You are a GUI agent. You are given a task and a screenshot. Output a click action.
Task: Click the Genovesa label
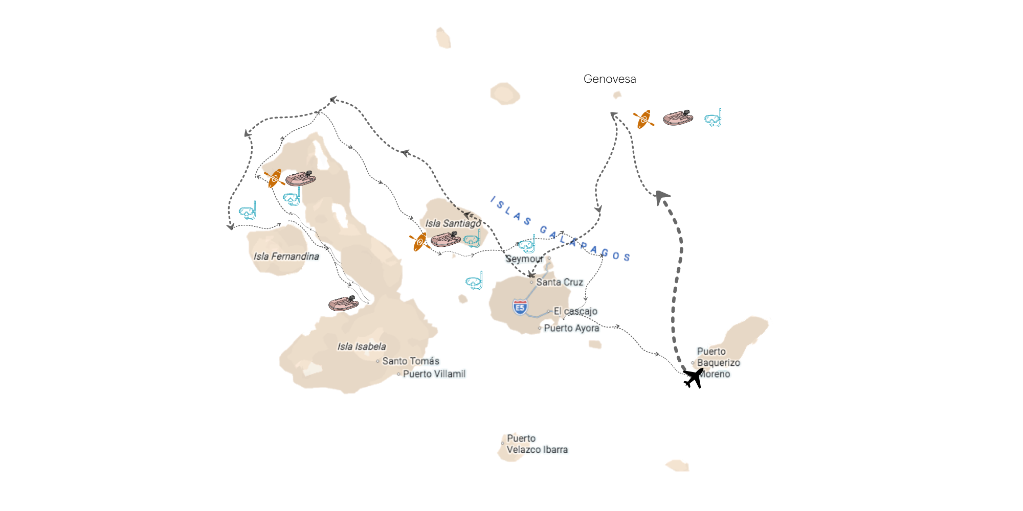tap(610, 79)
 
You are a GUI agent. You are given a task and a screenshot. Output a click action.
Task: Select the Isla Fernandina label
tap(286, 257)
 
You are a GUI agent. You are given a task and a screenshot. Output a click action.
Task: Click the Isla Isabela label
tap(362, 346)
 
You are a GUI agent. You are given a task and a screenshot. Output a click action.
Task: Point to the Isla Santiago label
tap(453, 223)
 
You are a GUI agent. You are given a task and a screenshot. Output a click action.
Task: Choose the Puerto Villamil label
tap(434, 374)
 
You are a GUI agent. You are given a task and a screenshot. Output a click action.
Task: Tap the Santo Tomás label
tap(410, 361)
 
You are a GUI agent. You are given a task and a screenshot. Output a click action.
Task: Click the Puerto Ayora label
tap(571, 328)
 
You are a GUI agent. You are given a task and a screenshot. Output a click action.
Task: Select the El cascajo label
tap(575, 311)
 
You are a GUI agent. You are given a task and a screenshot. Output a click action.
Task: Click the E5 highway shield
tap(520, 307)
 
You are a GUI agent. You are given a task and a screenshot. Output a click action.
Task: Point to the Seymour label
tap(524, 259)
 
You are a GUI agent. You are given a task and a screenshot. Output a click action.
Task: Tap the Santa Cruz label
tap(559, 282)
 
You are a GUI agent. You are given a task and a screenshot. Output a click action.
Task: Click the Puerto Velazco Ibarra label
tap(537, 444)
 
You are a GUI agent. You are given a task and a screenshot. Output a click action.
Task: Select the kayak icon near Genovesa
tap(643, 120)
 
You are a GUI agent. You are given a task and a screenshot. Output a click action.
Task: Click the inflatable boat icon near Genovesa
tap(678, 118)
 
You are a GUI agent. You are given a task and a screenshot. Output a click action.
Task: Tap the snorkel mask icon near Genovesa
tap(713, 119)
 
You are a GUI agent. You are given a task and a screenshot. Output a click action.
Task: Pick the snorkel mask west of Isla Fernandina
tap(248, 211)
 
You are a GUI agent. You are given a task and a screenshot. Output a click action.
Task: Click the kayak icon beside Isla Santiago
tap(419, 242)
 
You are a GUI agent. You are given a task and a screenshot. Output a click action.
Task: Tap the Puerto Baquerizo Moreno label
tap(718, 363)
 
